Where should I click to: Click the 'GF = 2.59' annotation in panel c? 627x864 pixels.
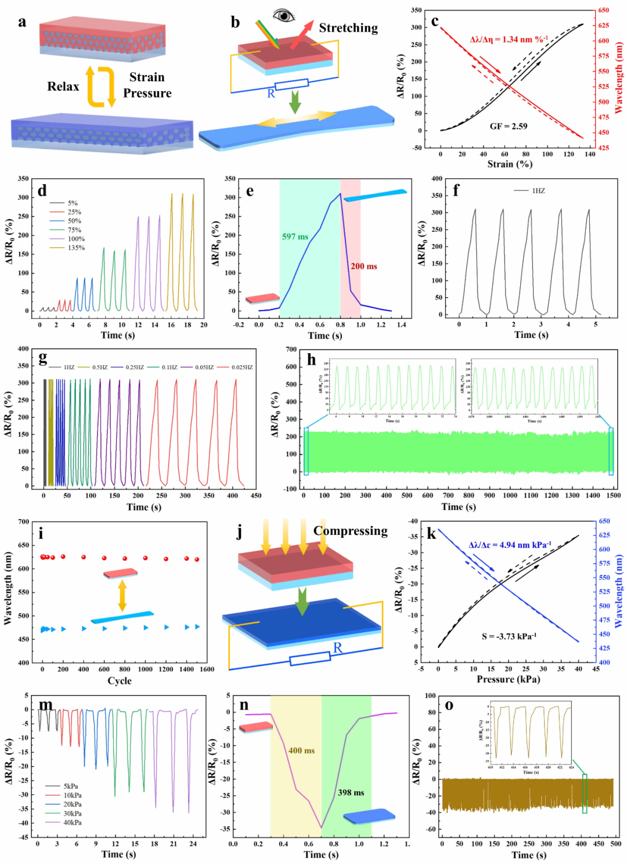click(509, 126)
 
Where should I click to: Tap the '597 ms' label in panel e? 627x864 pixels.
click(295, 236)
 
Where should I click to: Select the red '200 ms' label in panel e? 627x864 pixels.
click(363, 266)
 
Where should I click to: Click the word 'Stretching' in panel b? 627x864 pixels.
click(348, 28)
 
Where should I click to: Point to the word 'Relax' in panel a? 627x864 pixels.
click(63, 87)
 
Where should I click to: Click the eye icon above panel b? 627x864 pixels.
click(284, 16)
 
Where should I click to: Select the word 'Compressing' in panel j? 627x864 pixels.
click(350, 531)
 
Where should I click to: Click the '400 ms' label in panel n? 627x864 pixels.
click(301, 750)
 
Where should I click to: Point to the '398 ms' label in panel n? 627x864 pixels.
click(351, 793)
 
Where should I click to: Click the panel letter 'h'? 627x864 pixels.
click(312, 361)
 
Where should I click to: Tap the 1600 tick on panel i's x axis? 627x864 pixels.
click(207, 669)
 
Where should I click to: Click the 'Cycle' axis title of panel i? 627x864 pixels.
click(120, 681)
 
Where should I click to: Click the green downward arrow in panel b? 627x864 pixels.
click(295, 102)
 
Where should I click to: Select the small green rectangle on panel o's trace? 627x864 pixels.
click(585, 793)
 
